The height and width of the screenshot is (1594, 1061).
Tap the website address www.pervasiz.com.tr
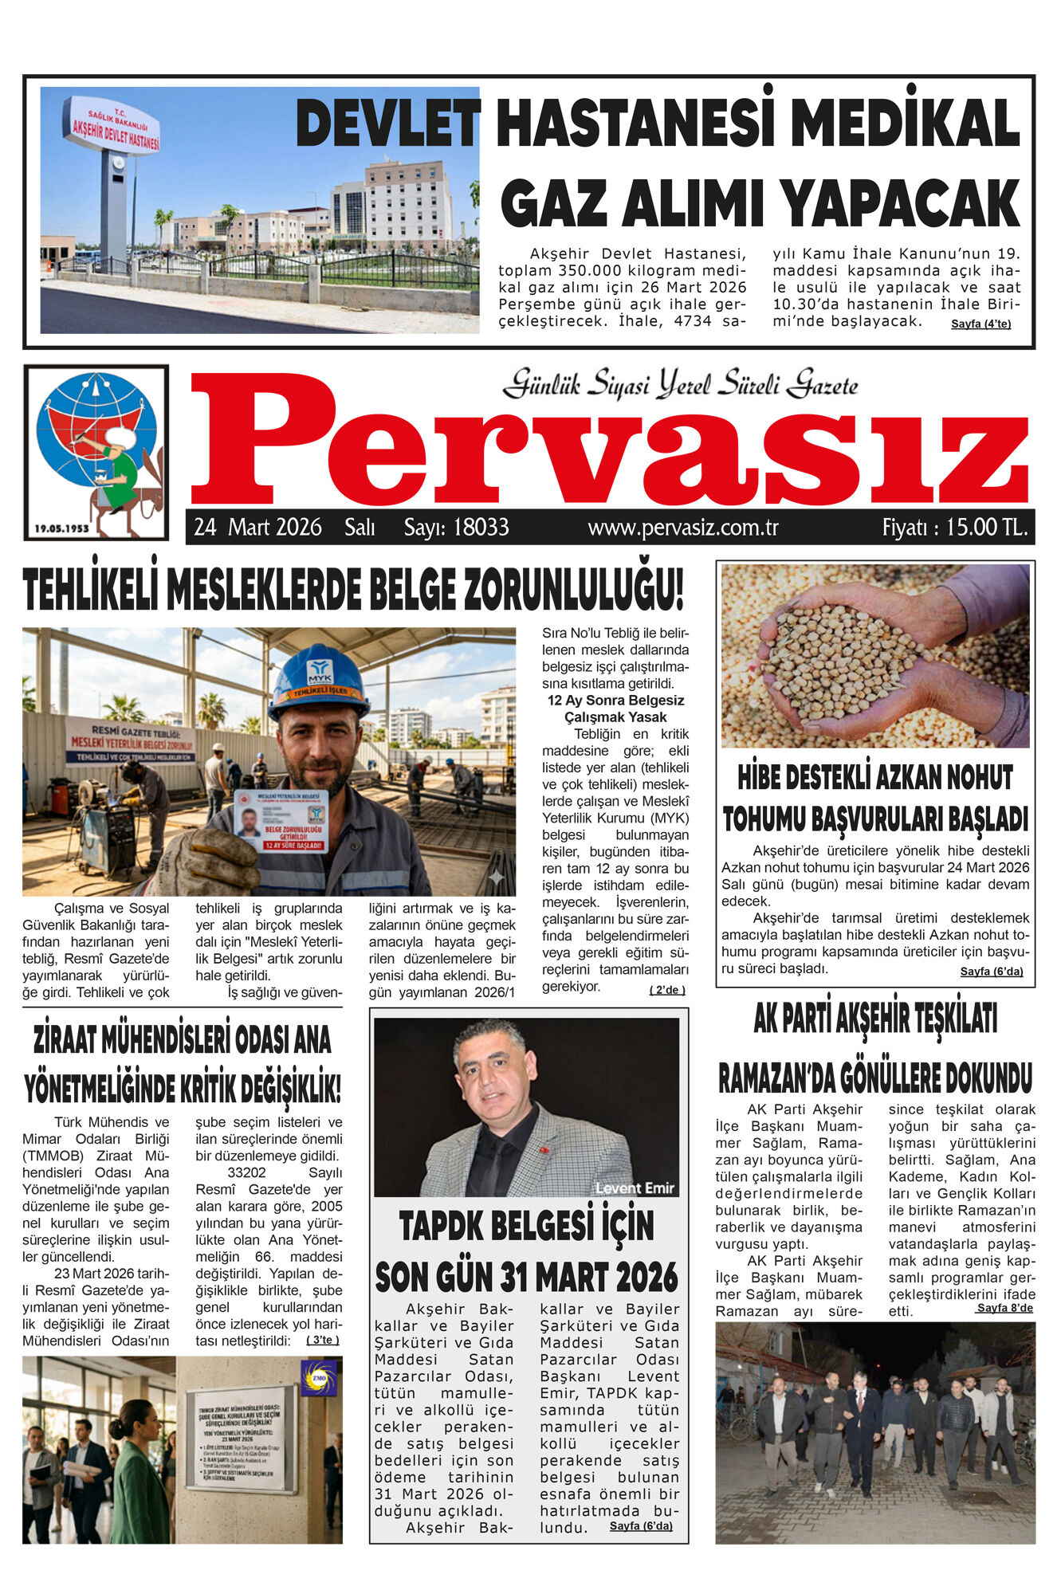[683, 528]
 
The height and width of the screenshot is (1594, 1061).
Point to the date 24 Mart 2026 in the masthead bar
[257, 528]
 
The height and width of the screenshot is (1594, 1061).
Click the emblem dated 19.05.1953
[96, 452]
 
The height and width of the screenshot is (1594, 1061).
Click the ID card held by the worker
[281, 820]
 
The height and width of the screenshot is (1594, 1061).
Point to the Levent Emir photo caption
[635, 1188]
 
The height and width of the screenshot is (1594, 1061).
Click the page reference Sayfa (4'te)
[980, 324]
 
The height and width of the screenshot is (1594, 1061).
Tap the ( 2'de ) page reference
[666, 990]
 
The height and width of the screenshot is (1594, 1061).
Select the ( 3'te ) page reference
[323, 1340]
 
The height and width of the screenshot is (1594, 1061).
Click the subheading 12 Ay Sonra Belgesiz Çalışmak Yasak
[615, 709]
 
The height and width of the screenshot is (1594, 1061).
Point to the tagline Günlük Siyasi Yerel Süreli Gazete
[680, 385]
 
